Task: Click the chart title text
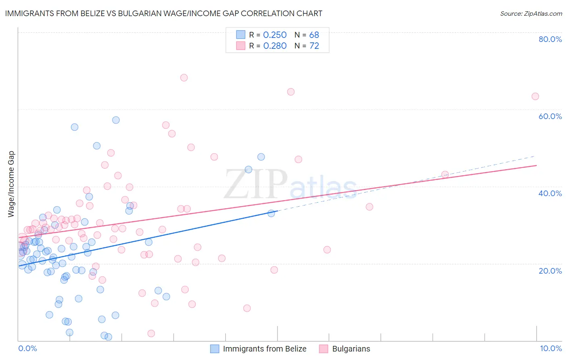click(x=164, y=13)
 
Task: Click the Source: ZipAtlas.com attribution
click(x=531, y=13)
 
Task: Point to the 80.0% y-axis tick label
click(x=550, y=39)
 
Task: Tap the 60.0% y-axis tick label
click(x=550, y=116)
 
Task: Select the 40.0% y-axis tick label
click(x=550, y=193)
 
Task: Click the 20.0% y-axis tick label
click(x=550, y=271)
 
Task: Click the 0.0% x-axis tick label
click(x=27, y=348)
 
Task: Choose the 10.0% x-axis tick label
click(x=550, y=348)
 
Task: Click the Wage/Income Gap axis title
click(x=11, y=184)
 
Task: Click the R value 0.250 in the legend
click(x=275, y=35)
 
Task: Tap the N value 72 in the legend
click(x=314, y=46)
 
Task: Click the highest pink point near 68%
click(x=184, y=77)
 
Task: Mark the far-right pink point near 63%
click(x=535, y=96)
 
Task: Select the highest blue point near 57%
click(x=116, y=120)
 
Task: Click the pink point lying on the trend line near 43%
click(x=445, y=174)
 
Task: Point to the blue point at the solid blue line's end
click(x=271, y=213)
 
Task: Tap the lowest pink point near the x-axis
click(x=151, y=333)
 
